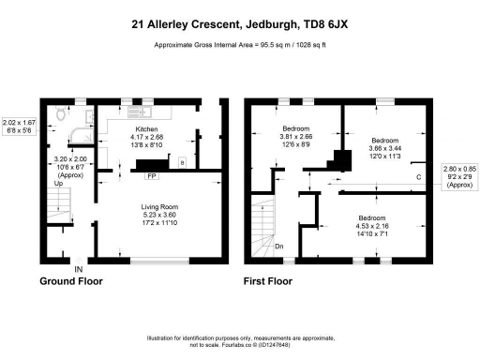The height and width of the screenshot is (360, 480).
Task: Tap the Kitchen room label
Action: [x=146, y=129]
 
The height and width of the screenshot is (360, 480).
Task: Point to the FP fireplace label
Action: [x=151, y=176]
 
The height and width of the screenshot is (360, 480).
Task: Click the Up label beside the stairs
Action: [x=58, y=184]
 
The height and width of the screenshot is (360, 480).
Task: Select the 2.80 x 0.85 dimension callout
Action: [x=459, y=175]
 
